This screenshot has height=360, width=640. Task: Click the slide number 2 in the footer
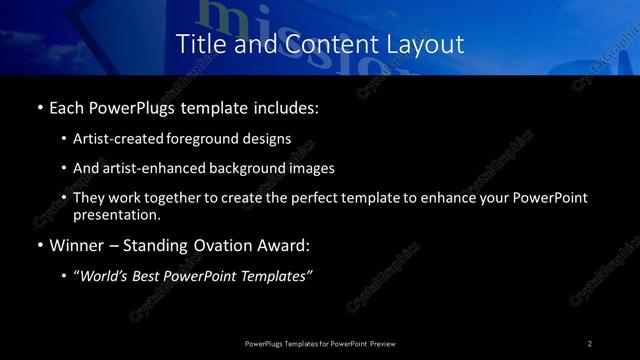point(590,343)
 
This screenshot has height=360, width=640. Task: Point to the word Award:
point(284,245)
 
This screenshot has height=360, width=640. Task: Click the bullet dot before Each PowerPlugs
point(38,107)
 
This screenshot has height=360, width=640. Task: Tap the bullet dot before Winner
point(38,245)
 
